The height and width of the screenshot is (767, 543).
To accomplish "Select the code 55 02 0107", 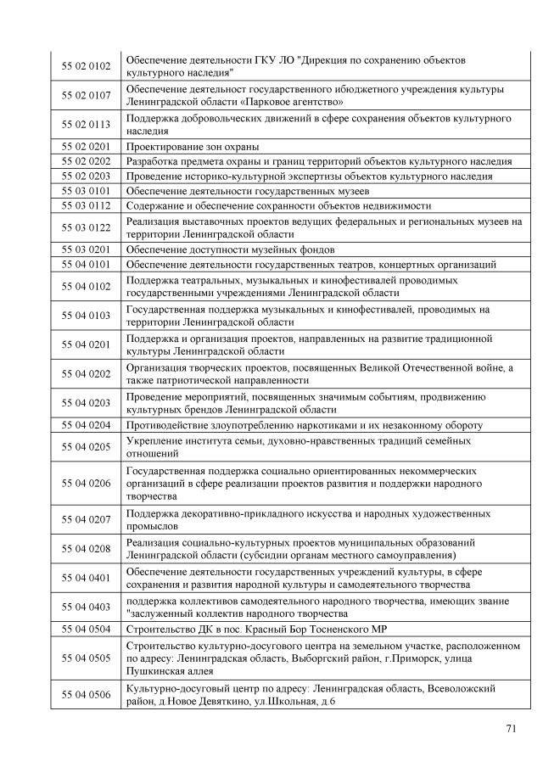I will [x=87, y=95].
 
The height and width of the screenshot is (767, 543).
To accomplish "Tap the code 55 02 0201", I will [x=87, y=147].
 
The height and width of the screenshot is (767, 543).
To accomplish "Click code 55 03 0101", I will [x=87, y=191].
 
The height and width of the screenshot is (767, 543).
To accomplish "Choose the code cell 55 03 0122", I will [x=87, y=227].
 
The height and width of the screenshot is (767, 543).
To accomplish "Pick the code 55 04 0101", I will [x=87, y=265].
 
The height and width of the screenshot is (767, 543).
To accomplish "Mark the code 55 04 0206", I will [x=87, y=483].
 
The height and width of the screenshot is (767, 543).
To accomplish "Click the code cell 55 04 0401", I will [x=87, y=579].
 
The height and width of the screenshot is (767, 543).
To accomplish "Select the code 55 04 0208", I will [x=87, y=549].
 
